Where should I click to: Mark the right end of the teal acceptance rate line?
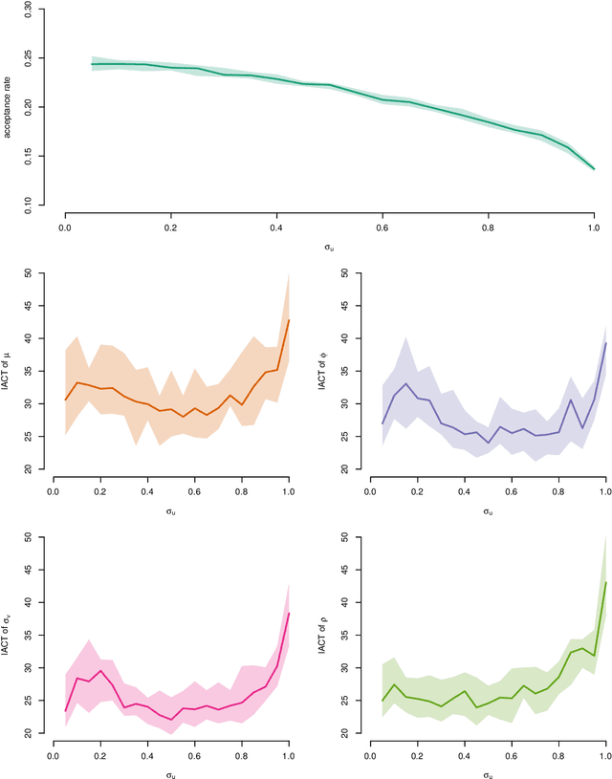[594, 169]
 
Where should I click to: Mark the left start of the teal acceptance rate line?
[92, 64]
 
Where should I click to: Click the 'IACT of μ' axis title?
[9, 371]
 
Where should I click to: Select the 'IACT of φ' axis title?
[323, 371]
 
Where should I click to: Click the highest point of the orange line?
[289, 320]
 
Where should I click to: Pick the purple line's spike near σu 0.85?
[571, 400]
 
